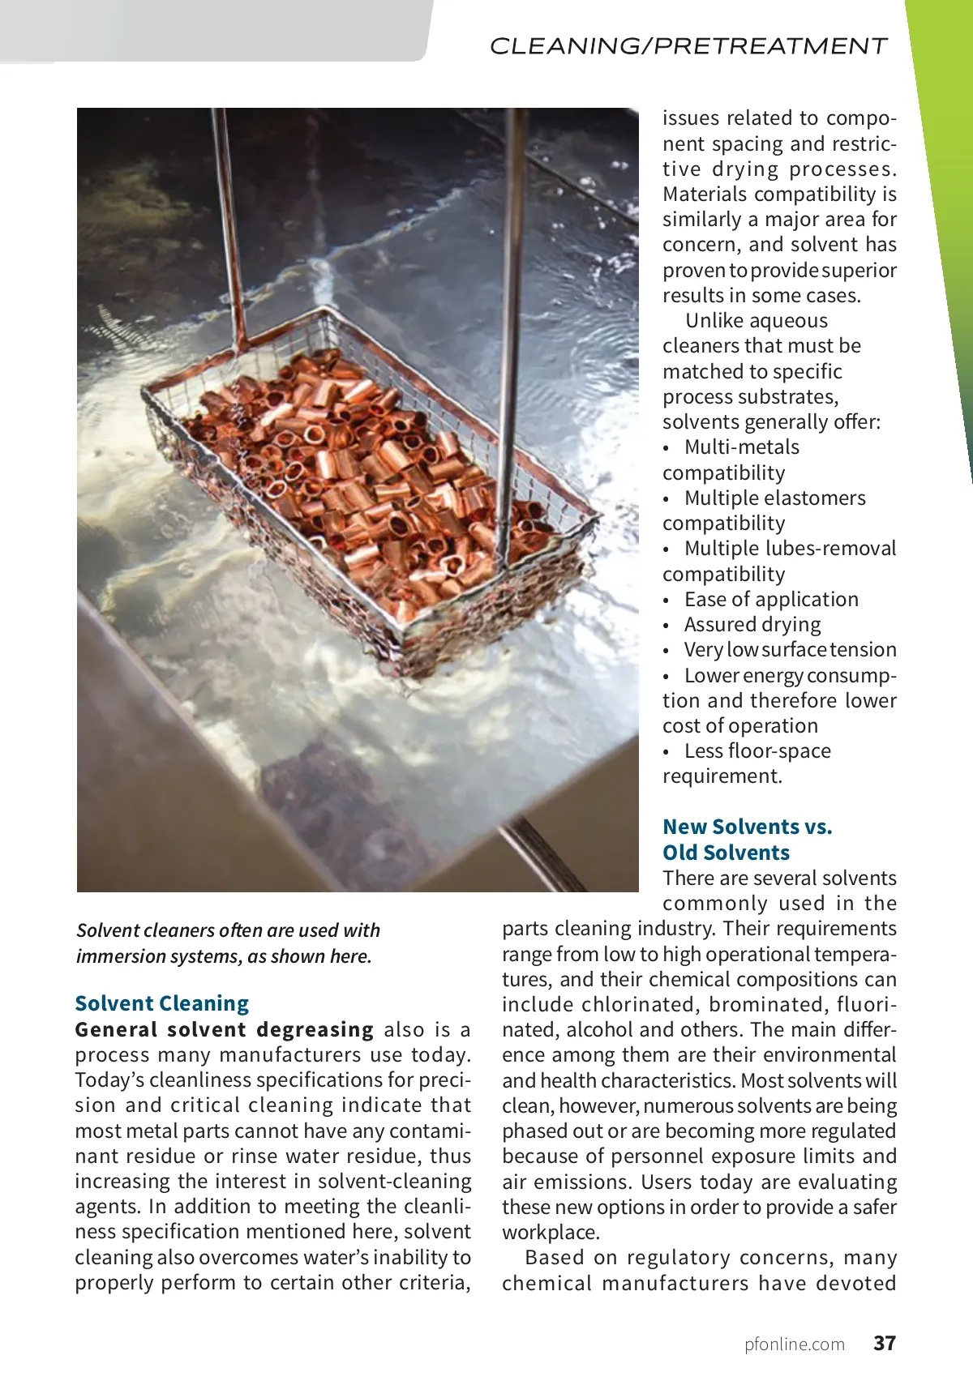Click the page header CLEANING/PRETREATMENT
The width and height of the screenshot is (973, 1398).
688,46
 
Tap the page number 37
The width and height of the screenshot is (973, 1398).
885,1344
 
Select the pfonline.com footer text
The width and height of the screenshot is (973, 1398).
795,1345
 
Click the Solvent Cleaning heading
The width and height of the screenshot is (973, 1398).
162,1003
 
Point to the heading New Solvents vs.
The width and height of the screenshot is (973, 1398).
747,827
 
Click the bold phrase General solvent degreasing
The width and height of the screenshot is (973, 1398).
224,1029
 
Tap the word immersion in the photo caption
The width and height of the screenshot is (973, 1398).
118,956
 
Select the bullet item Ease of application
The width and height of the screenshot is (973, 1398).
771,600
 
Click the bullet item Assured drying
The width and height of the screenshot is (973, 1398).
752,625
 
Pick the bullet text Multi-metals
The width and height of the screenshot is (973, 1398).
741,447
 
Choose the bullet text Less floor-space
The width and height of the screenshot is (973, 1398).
757,751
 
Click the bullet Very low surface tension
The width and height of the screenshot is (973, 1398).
790,650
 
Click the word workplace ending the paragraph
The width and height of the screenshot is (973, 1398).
550,1233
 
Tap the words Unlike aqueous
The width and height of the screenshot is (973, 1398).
756,321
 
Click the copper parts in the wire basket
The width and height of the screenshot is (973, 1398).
365,470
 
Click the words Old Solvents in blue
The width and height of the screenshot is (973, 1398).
726,853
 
